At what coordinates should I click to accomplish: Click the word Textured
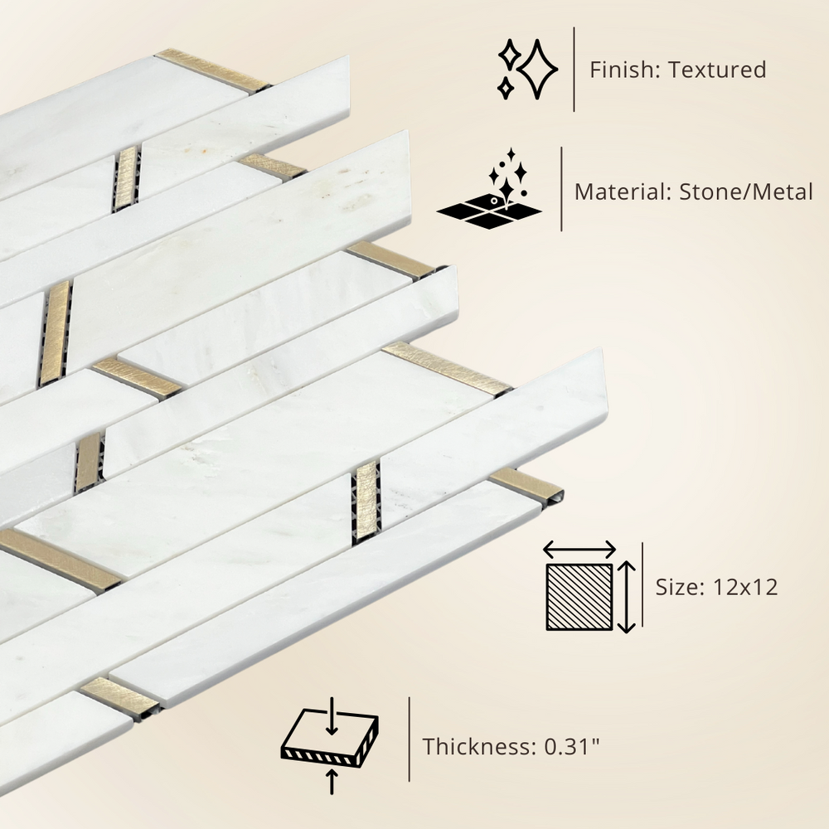(x=717, y=70)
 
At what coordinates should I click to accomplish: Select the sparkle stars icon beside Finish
(x=527, y=70)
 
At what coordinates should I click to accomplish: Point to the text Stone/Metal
(x=745, y=191)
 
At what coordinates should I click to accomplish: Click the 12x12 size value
(x=745, y=588)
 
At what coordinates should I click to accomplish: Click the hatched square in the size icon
(x=579, y=597)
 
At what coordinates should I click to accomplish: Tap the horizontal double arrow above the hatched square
(x=579, y=550)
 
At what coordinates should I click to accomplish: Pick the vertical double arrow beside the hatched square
(x=627, y=597)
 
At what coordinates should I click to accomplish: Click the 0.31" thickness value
(x=573, y=747)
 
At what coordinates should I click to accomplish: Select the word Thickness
(x=479, y=747)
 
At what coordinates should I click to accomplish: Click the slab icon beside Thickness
(x=329, y=739)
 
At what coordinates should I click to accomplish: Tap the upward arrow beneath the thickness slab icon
(x=332, y=782)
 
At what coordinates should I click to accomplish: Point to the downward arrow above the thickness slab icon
(x=332, y=716)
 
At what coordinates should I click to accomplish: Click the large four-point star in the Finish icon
(x=538, y=70)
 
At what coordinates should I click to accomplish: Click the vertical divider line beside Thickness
(x=410, y=739)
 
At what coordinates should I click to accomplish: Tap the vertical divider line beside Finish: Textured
(x=574, y=70)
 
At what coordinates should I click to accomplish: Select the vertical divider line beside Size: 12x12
(x=642, y=584)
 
